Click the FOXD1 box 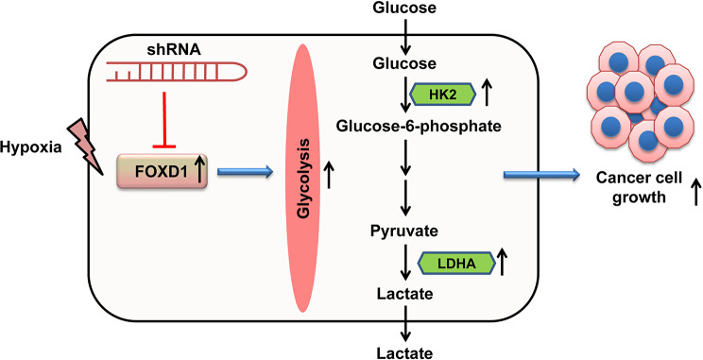point(162,171)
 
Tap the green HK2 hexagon point(442,94)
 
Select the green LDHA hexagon point(456,264)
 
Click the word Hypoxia point(31,147)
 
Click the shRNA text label point(174,50)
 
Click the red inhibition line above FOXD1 point(164,120)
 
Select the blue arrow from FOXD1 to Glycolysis point(245,171)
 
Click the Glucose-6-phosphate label point(419,127)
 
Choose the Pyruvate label point(404,231)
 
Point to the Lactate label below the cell point(404,352)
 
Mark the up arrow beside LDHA point(503,263)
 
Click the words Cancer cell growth point(639,187)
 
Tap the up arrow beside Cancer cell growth point(695,192)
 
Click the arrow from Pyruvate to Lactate point(405,263)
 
